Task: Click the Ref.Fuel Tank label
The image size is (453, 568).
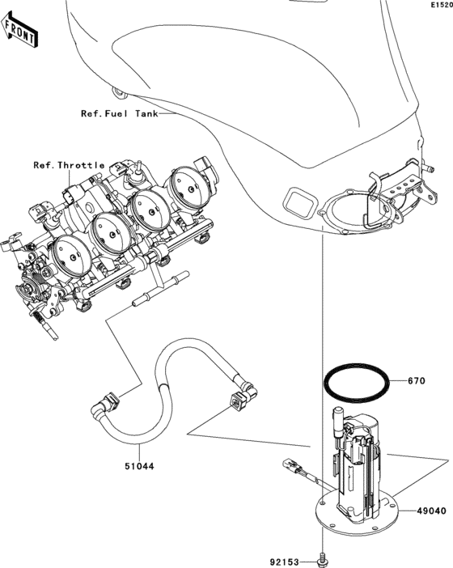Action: [119, 113]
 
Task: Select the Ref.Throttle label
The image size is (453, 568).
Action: [69, 165]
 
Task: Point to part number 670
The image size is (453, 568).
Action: [416, 380]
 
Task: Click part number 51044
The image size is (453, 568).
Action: [139, 467]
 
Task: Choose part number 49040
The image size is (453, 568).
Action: [433, 511]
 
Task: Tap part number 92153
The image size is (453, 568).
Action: [285, 559]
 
